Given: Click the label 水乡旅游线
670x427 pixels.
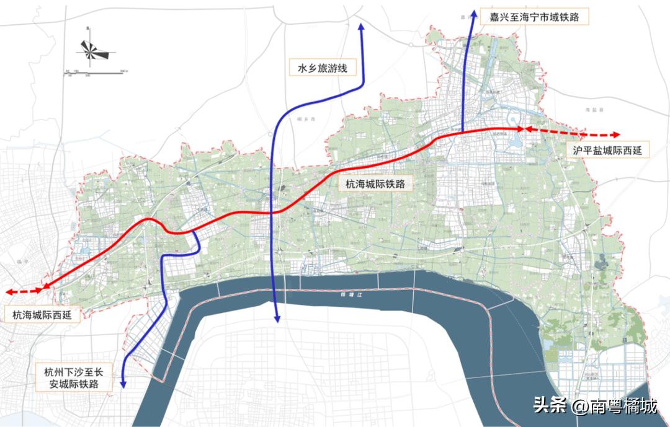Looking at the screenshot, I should tap(322, 67).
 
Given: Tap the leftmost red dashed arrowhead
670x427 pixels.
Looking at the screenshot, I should tap(8, 291).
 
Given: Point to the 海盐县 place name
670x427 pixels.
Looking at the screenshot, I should tap(599, 109).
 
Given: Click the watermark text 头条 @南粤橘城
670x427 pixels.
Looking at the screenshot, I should tap(595, 407).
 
